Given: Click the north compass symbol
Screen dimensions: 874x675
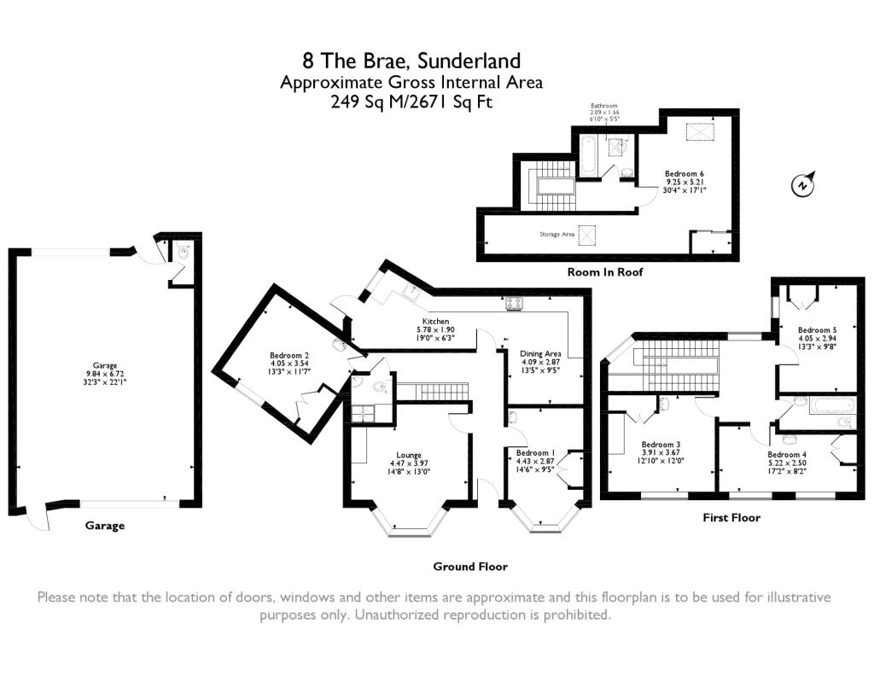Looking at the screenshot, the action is [x=803, y=183].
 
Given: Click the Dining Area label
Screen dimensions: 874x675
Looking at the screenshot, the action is [x=541, y=353].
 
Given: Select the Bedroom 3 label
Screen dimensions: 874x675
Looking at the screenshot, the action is [x=661, y=445].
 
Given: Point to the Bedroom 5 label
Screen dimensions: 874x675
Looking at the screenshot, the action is [x=817, y=330].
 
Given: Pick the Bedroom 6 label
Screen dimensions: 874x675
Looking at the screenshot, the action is [x=685, y=174].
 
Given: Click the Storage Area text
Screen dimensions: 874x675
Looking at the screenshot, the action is [x=556, y=234].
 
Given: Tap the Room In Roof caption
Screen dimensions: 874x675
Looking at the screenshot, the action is [x=605, y=272].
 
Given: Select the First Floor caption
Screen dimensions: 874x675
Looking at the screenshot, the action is [x=731, y=517].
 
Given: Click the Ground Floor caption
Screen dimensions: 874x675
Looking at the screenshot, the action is [x=469, y=566].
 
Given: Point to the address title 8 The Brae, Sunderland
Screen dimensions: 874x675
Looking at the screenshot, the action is [x=411, y=61].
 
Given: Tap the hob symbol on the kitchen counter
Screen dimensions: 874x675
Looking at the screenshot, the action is [x=514, y=302].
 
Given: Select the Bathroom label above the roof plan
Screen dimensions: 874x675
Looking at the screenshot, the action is [x=603, y=107].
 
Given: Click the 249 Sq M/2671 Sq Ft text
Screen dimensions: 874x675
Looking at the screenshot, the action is [x=411, y=102].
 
